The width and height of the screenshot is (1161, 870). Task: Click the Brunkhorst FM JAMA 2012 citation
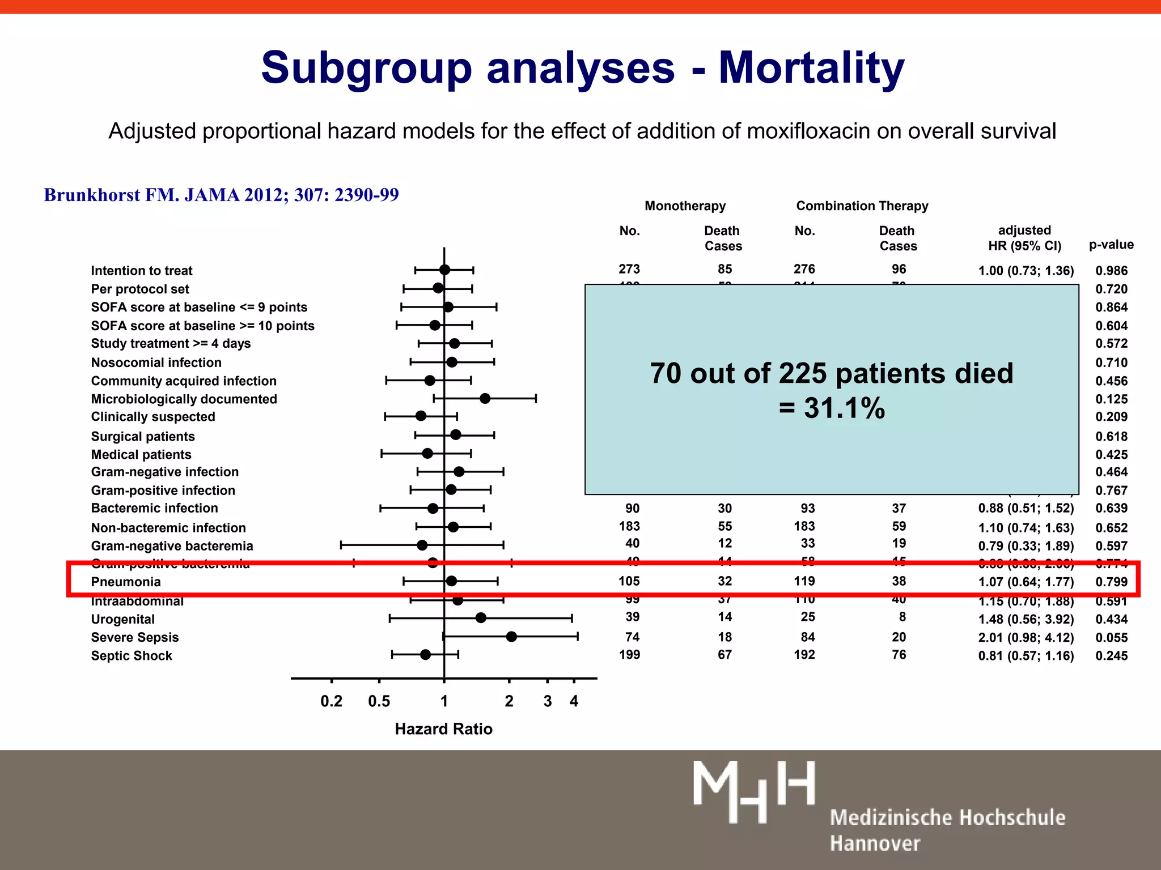[221, 195]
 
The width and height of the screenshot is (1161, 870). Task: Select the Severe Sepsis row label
[135, 637]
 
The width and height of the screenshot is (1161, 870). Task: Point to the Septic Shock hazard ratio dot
[425, 655]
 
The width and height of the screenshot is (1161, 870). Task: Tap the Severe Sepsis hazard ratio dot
[511, 637]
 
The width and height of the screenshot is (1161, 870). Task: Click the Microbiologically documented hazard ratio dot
[485, 399]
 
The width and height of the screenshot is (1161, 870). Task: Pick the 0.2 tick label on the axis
[331, 701]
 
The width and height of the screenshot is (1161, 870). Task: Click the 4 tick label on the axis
[574, 701]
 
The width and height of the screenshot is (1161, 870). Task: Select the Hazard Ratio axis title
[443, 729]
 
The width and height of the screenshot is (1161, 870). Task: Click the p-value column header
[1111, 245]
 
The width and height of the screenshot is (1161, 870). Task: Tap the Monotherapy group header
[685, 206]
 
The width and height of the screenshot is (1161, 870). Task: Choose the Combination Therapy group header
[862, 206]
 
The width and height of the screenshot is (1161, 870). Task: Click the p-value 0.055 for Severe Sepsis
[1111, 638]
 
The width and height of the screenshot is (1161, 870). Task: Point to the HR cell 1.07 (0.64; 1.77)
[1026, 582]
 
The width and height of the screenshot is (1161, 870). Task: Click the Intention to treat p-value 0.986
[1111, 271]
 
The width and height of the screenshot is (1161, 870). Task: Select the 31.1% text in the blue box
[844, 408]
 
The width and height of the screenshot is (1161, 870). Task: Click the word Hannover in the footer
[875, 843]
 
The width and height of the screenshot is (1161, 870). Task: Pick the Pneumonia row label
[126, 582]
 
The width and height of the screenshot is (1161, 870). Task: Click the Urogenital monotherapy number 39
[632, 617]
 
